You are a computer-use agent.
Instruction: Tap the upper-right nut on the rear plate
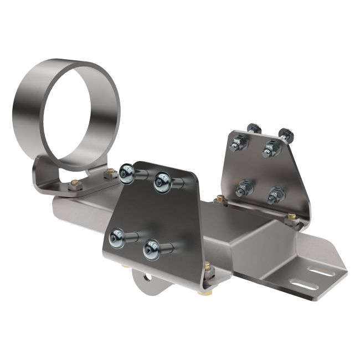pos(270,146)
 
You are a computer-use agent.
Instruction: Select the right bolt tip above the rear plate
pos(285,133)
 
